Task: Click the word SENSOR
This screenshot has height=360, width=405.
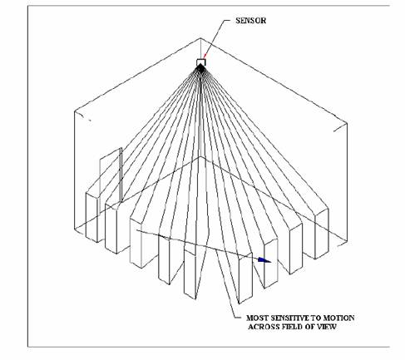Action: pos(250,21)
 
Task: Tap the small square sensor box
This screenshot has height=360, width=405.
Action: pos(200,62)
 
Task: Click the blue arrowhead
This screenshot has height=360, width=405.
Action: pos(264,260)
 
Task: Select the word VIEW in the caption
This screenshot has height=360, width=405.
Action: pos(327,327)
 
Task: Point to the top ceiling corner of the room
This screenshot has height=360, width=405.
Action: pos(200,38)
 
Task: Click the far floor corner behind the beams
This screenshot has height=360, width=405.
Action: pos(200,157)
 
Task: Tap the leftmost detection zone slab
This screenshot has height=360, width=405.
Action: pos(92,216)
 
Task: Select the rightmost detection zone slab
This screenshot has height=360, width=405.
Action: pos(321,234)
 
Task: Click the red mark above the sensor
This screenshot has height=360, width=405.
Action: pos(205,56)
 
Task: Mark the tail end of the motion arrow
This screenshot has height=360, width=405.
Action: pos(136,229)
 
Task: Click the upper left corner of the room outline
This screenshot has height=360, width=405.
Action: pos(75,111)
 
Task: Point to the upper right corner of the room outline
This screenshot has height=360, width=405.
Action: pos(347,123)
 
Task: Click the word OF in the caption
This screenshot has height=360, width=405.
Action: pos(310,327)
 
